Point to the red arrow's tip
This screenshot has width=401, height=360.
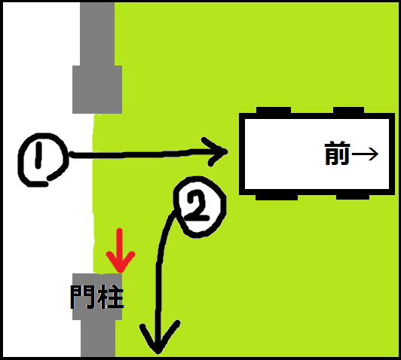120,273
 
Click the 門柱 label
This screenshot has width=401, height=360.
97,297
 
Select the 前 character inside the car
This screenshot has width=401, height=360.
337,154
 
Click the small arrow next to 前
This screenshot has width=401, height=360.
365,154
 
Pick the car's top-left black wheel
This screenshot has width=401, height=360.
274,110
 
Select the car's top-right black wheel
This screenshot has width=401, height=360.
348,110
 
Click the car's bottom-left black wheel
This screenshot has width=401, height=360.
277,197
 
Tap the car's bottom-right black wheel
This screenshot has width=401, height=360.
353,197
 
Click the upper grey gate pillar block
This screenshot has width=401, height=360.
97,90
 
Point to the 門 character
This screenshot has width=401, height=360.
82,297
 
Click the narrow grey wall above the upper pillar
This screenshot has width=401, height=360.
97,34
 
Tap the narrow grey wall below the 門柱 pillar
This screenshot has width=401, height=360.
98,338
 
